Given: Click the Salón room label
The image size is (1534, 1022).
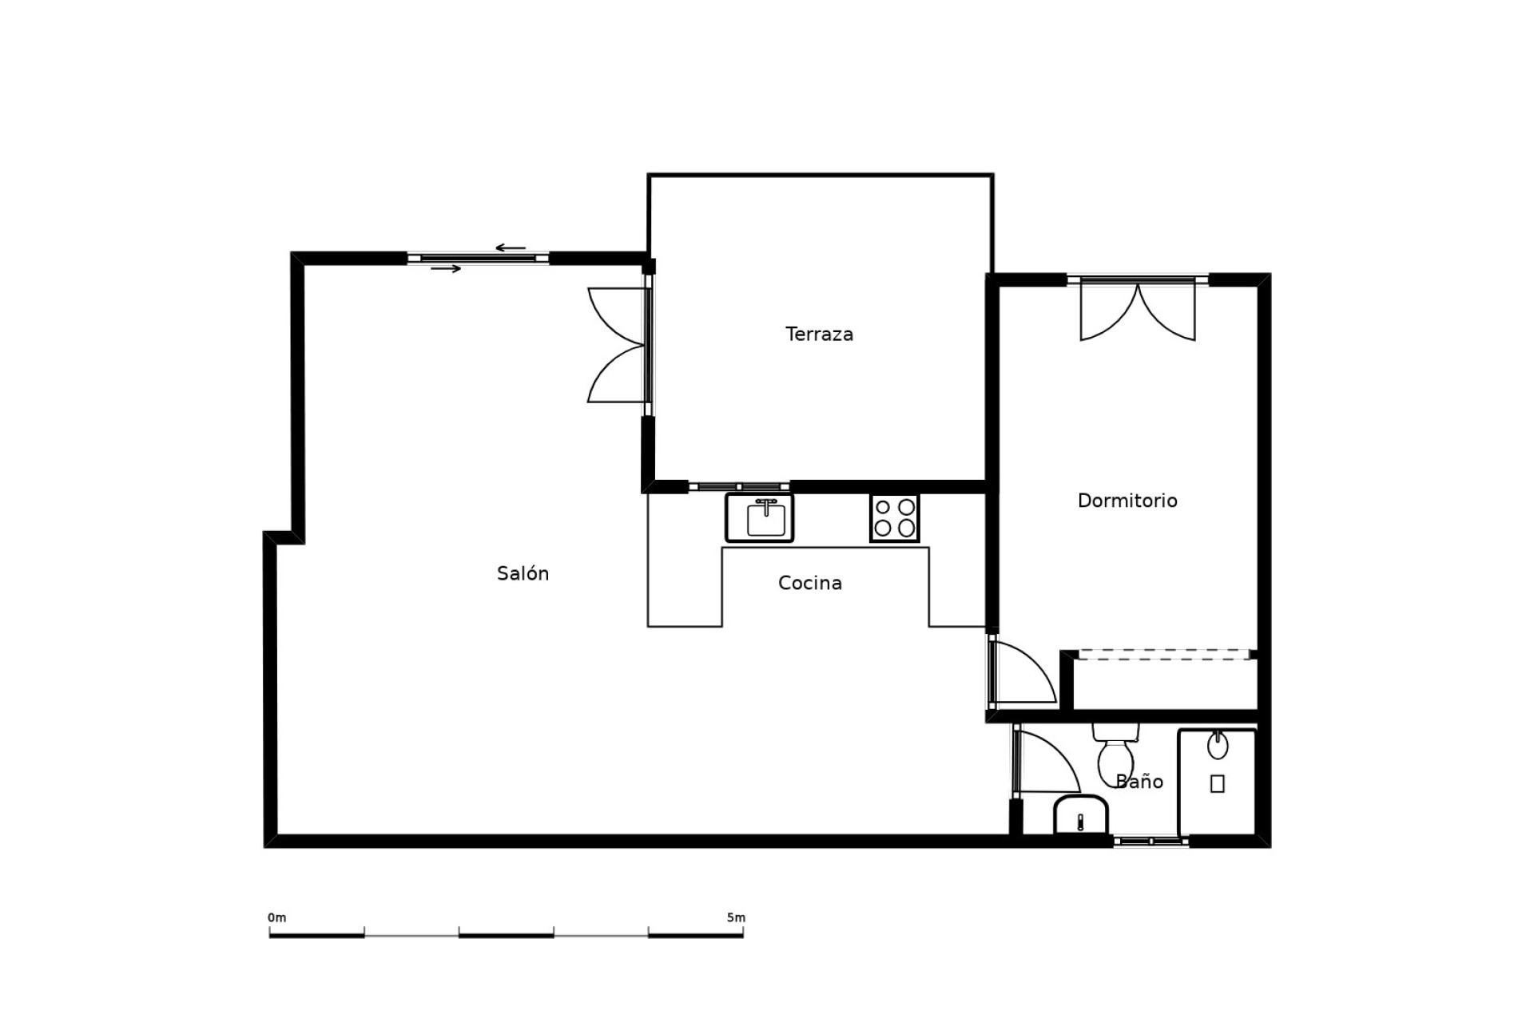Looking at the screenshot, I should (523, 573).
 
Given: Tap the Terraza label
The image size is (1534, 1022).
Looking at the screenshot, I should (819, 335).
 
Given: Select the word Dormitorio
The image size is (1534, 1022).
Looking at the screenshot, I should (1127, 501).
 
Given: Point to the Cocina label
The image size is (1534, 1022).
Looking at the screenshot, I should (809, 583).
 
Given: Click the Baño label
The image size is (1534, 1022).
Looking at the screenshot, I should (1139, 782).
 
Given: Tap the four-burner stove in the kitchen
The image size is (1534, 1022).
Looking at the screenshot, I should (894, 518).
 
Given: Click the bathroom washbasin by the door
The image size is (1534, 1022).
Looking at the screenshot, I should (1080, 815).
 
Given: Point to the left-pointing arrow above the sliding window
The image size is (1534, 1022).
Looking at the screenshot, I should (511, 248).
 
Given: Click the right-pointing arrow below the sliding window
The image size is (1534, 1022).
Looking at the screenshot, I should (446, 269).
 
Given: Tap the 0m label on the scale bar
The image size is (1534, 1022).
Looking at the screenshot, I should (276, 918).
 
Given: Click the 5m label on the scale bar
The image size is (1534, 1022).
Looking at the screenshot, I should (736, 918).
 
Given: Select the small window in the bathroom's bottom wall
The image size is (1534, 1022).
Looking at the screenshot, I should (1150, 842).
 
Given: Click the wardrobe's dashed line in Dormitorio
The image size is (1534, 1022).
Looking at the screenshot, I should (1163, 655).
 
